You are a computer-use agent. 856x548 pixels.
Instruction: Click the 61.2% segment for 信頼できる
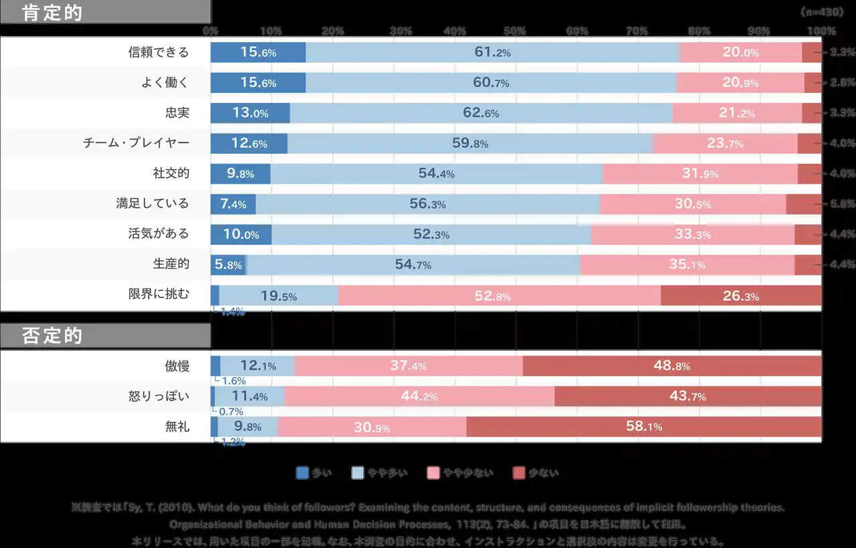tap(492, 52)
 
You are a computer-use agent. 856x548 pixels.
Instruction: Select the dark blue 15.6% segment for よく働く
tap(258, 83)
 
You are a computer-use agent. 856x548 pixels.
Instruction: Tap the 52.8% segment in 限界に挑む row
tap(500, 295)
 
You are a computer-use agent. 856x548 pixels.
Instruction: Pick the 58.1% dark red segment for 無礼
tap(644, 426)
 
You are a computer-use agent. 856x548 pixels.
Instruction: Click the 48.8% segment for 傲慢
tap(672, 366)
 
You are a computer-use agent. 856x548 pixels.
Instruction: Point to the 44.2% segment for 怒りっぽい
tap(419, 396)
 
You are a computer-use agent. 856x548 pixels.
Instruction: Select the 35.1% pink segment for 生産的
tap(687, 265)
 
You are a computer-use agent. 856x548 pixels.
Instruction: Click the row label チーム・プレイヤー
tap(136, 143)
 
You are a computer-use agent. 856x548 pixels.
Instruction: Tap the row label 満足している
tap(152, 203)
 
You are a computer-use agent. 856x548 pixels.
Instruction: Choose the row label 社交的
tap(171, 173)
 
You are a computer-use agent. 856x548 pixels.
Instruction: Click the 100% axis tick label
tap(821, 31)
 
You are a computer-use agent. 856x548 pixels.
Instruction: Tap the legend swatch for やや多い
tap(358, 473)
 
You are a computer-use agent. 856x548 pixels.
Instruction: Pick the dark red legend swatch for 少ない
tap(519, 473)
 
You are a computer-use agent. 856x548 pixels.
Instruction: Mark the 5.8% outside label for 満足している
tap(842, 204)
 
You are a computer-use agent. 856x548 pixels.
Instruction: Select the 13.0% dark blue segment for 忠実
tap(250, 113)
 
